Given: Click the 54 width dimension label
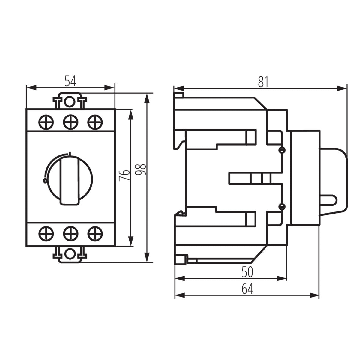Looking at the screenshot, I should [x=70, y=81].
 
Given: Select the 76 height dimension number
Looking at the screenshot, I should [x=124, y=175].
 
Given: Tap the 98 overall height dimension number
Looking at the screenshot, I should [x=141, y=169].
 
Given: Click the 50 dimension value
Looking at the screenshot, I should [x=247, y=272].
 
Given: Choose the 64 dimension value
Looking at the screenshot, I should [x=247, y=289].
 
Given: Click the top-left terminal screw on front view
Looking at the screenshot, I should [x=46, y=122].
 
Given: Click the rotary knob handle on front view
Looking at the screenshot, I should [x=71, y=180].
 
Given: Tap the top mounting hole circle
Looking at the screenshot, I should [x=70, y=102].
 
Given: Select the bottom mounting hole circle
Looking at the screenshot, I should [x=70, y=254].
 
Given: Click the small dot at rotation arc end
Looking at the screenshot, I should [x=45, y=181].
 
